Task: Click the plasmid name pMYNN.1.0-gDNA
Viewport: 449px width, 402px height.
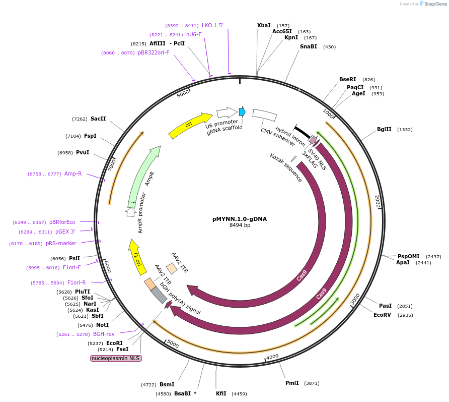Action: pos(240,219)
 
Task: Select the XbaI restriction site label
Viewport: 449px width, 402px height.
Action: pos(264,25)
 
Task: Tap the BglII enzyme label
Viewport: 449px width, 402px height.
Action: pos(384,130)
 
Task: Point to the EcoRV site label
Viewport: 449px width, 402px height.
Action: pos(382,315)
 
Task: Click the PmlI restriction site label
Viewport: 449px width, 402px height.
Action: pos(291,383)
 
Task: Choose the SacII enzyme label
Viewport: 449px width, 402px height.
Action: pos(98,119)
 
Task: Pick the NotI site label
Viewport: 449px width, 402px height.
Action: pos(103,325)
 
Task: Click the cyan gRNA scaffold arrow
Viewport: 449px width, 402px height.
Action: pos(242,111)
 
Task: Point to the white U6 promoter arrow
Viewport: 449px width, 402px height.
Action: pos(227,112)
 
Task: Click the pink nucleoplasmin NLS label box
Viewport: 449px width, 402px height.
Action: pos(116,358)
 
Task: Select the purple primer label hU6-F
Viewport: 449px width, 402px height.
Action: pos(194,34)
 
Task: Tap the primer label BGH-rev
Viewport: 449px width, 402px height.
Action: pos(104,334)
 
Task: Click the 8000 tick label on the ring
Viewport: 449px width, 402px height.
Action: pos(183,92)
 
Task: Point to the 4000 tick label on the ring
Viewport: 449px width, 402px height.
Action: pos(272,357)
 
